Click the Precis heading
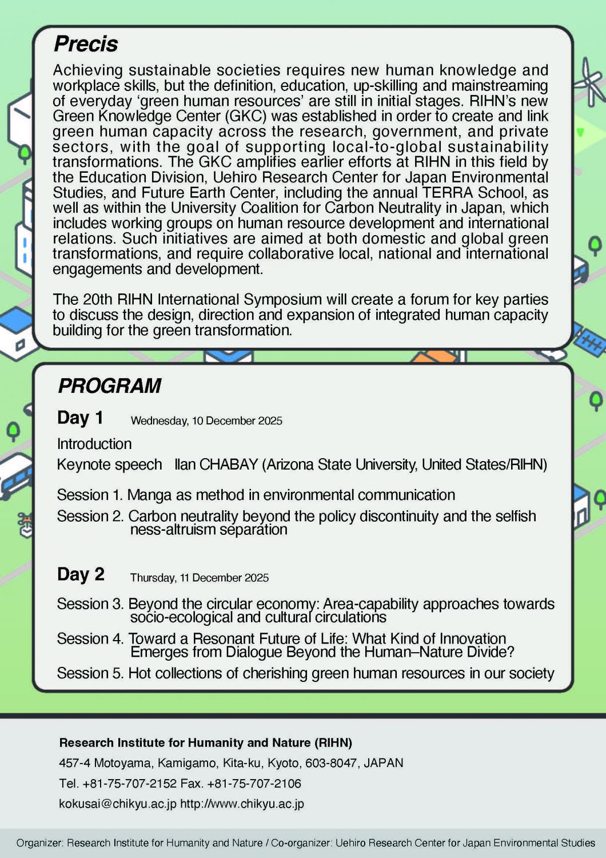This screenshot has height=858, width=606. [86, 44]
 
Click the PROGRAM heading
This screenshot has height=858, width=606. [110, 386]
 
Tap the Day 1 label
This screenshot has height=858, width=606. [80, 418]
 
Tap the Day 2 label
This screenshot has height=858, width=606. [81, 574]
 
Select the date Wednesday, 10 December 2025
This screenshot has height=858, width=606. [206, 421]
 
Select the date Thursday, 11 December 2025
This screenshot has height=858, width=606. [200, 578]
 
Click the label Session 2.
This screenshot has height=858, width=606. [90, 516]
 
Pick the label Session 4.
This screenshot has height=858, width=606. [90, 638]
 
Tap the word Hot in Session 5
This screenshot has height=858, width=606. [139, 673]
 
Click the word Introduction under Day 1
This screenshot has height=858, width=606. [94, 444]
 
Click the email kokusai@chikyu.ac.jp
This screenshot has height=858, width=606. [118, 804]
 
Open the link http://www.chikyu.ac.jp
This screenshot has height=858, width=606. [242, 804]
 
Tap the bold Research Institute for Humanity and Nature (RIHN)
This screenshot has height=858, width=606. [206, 743]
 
